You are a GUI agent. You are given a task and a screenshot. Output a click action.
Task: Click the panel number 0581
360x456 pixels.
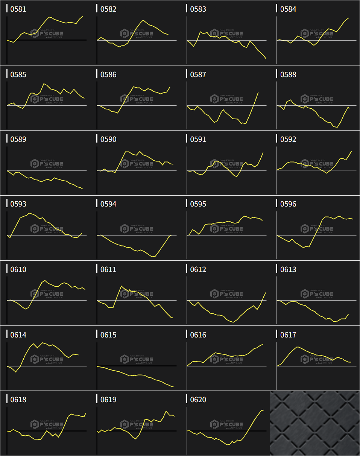pyautogui.click(x=18, y=9)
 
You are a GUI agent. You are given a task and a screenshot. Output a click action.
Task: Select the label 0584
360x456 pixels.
pyautogui.click(x=288, y=9)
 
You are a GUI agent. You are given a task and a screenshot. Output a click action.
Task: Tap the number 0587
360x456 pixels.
pyautogui.click(x=198, y=75)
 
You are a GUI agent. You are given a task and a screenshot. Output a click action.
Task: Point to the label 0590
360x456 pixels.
pyautogui.click(x=108, y=140)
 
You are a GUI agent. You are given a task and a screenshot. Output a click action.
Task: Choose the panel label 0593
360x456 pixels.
pyautogui.click(x=18, y=204)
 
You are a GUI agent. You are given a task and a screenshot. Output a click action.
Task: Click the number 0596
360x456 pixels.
pyautogui.click(x=288, y=204)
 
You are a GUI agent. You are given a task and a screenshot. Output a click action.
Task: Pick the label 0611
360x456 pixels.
pyautogui.click(x=108, y=270)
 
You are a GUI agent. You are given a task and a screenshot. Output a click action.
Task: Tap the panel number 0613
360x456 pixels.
pyautogui.click(x=288, y=270)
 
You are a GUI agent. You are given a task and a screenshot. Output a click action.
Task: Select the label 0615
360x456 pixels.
pyautogui.click(x=108, y=335)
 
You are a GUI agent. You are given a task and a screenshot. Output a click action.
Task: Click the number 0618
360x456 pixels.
pyautogui.click(x=18, y=400)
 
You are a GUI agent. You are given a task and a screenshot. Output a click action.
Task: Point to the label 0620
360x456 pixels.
pyautogui.click(x=198, y=400)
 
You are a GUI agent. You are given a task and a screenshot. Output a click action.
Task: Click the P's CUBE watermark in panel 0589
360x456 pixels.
pyautogui.click(x=47, y=164)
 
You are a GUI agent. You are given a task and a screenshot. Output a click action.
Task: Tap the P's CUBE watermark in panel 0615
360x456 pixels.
pyautogui.click(x=137, y=359)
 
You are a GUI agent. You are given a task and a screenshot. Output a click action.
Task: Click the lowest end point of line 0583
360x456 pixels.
pyautogui.click(x=266, y=58)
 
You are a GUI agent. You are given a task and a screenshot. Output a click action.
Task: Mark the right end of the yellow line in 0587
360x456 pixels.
pyautogui.click(x=258, y=93)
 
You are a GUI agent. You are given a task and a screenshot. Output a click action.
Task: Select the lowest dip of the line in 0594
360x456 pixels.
pyautogui.click(x=153, y=257)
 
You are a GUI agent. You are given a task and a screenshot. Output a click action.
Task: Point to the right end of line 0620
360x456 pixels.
pyautogui.click(x=264, y=410)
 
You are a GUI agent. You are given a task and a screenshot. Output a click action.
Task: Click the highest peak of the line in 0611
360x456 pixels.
pyautogui.click(x=121, y=286)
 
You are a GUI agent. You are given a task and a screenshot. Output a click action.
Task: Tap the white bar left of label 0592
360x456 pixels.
pyautogui.click(x=277, y=138)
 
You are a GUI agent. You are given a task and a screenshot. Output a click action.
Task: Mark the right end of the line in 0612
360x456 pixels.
pyautogui.click(x=266, y=293)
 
